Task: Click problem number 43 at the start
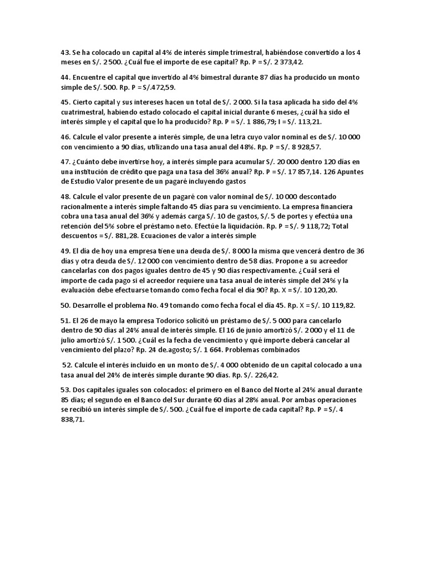click(65, 53)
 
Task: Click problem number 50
click(65, 305)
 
